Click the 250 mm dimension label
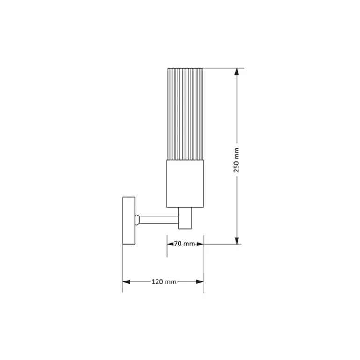[x=236, y=160]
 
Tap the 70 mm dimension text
[x=185, y=244]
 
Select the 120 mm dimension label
[x=164, y=282]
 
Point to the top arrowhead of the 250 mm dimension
[x=237, y=72]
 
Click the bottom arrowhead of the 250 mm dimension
[x=237, y=240]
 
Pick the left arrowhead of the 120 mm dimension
[x=127, y=282]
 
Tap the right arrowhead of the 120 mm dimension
[x=200, y=282]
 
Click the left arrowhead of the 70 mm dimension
[x=170, y=244]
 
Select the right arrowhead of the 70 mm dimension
[x=200, y=244]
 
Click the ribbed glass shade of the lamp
[x=185, y=114]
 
